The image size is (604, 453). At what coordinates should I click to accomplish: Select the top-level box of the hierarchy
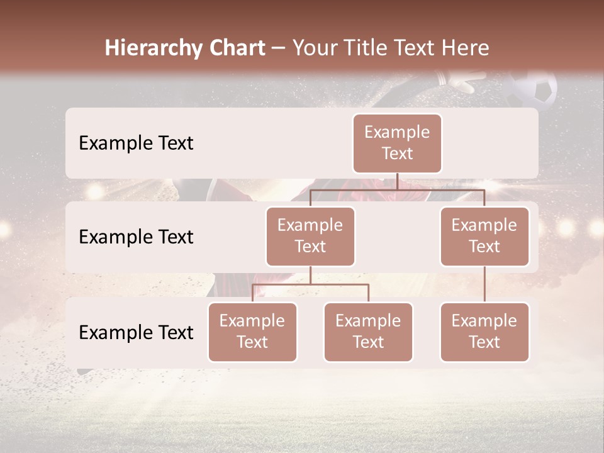(x=397, y=143)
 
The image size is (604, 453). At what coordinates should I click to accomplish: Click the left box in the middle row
(x=310, y=236)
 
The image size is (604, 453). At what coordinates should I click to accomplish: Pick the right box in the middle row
(x=484, y=236)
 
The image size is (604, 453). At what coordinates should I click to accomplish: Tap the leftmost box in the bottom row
(x=252, y=332)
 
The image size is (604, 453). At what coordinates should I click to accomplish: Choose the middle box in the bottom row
(x=368, y=332)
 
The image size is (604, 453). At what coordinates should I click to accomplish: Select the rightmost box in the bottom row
(x=484, y=332)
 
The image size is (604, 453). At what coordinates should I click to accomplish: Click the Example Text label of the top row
(x=136, y=143)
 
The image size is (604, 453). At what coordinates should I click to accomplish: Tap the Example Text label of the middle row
(x=136, y=237)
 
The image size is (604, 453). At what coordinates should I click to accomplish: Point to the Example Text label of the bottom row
(x=136, y=332)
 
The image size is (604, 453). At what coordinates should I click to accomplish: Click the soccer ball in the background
(x=532, y=89)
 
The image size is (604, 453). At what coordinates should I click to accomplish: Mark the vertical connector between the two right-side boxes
(x=484, y=284)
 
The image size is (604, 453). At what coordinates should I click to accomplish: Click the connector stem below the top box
(x=397, y=181)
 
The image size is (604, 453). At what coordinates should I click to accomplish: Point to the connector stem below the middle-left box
(x=310, y=275)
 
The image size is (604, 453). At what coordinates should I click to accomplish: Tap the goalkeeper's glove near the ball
(x=457, y=82)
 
